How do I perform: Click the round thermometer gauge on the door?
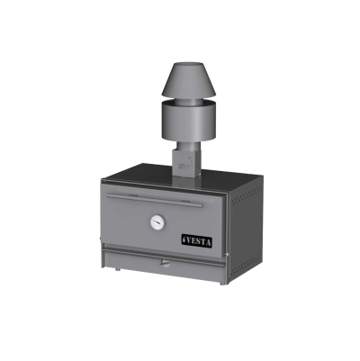coord(157,222)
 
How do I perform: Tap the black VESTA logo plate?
coord(197,241)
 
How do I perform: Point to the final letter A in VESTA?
coord(208,242)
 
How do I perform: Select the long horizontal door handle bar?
coord(155,200)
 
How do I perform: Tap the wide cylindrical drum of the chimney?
coord(188,121)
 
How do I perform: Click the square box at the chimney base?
coord(185,163)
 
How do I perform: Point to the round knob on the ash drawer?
coord(165,263)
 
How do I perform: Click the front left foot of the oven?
coord(118,269)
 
